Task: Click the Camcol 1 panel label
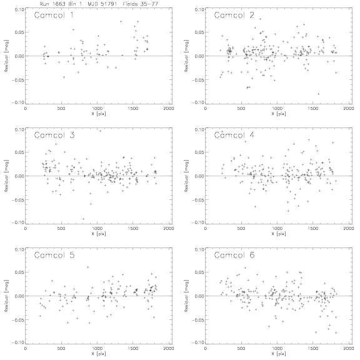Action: pos(54,15)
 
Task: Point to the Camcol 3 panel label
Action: pos(54,135)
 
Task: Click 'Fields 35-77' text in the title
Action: pos(141,4)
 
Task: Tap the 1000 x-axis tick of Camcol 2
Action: pos(277,108)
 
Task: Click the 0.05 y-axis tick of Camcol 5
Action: pos(19,272)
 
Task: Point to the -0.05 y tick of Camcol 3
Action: pos(17,200)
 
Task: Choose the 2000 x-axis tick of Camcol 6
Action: pos(349,349)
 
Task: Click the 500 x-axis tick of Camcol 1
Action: pos(61,108)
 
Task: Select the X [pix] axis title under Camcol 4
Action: pos(279,234)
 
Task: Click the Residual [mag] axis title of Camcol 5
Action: pos(6,296)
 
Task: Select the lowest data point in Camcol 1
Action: pos(64,77)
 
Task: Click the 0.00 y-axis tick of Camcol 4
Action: pos(199,176)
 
